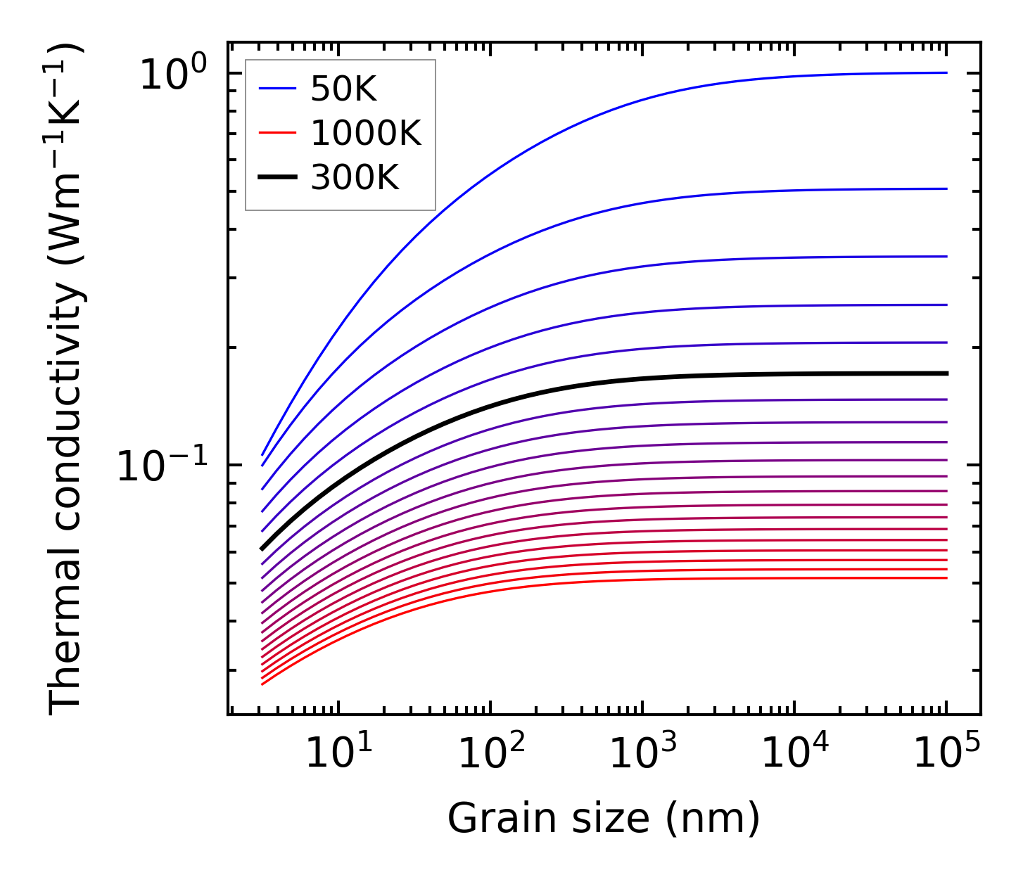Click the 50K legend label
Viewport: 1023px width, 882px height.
click(343, 89)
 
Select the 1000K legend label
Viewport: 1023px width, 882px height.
click(366, 133)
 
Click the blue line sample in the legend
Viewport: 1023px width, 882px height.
click(279, 89)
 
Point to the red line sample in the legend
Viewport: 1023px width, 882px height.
click(279, 133)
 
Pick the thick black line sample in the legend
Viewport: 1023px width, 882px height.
click(279, 177)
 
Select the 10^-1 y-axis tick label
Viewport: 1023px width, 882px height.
click(163, 466)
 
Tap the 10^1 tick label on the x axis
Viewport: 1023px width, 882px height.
click(339, 754)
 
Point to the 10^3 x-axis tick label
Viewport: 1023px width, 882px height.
click(643, 754)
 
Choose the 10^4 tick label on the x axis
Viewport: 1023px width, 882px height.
click(796, 754)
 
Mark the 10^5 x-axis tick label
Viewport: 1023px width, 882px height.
click(947, 754)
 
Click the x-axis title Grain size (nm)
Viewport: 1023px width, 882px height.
click(604, 819)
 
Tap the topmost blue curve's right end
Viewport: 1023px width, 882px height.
click(946, 72)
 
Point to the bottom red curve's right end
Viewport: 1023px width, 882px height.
click(946, 578)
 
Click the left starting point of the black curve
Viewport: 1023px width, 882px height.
click(262, 548)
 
